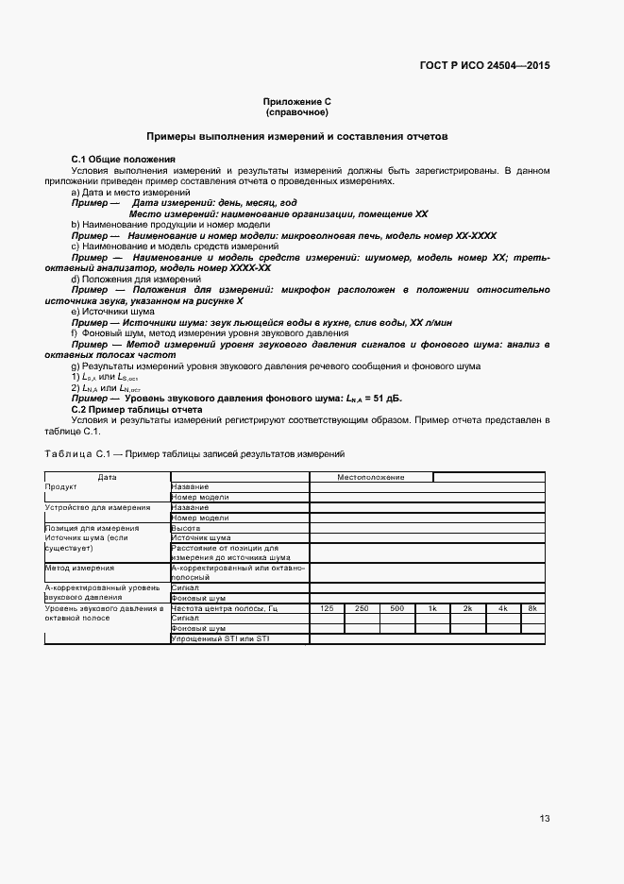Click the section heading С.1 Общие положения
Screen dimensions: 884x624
123,159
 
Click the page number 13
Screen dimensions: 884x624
545,818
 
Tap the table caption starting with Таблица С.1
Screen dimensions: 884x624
194,454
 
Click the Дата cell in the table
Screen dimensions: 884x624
107,477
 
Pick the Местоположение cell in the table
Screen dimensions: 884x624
371,477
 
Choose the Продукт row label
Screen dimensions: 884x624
60,486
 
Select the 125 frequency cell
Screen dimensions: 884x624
327,607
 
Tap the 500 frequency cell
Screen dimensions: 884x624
396,607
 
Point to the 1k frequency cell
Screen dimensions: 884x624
431,607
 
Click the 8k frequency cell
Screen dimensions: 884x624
532,607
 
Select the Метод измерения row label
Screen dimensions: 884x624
79,569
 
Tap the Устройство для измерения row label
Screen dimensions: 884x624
92,507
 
